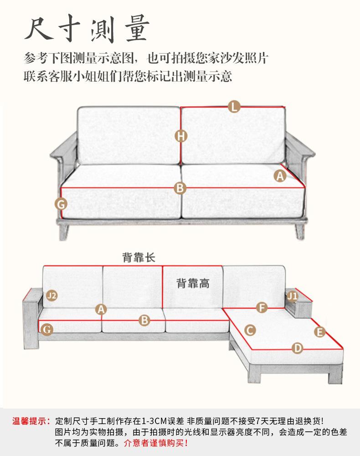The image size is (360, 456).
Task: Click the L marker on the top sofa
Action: point(234,107)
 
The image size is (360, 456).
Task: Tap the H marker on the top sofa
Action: point(181,135)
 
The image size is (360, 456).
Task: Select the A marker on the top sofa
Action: point(280,175)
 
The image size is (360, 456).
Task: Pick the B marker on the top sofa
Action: point(180,187)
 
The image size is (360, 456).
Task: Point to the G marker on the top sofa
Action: point(61,204)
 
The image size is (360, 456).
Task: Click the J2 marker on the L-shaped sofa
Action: point(52,295)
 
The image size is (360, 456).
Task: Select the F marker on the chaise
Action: point(262,307)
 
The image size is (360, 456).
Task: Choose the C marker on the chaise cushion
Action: point(250,330)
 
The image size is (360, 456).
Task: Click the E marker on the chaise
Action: point(319,332)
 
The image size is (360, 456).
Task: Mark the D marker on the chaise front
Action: point(297,348)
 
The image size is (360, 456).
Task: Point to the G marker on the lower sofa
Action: point(46,329)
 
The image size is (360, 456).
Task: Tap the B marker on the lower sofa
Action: point(144,320)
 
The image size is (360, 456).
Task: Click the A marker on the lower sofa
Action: point(101,309)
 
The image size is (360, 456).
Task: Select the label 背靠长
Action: point(139,257)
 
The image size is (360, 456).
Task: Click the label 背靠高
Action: point(193,283)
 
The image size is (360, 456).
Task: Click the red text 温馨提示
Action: point(31,421)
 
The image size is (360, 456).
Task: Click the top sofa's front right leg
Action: point(299,232)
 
